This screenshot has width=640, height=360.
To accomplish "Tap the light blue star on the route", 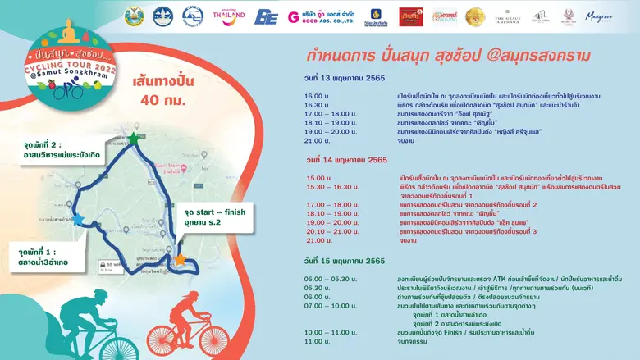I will click(x=78, y=220).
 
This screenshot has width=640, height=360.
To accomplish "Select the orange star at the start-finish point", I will click(x=180, y=260).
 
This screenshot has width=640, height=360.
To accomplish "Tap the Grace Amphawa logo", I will click(x=508, y=16).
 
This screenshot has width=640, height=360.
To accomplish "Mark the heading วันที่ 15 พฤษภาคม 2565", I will click(x=345, y=261).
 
